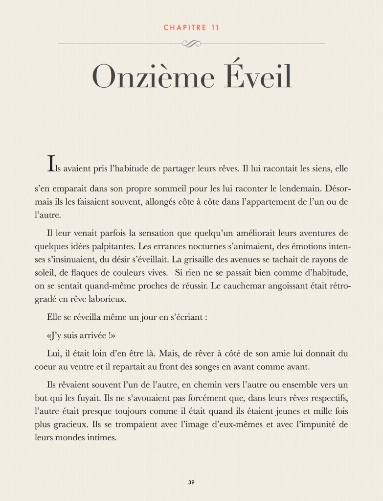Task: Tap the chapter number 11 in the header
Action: (x=214, y=27)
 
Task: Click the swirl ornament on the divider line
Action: (x=191, y=44)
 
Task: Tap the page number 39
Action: (x=192, y=482)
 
